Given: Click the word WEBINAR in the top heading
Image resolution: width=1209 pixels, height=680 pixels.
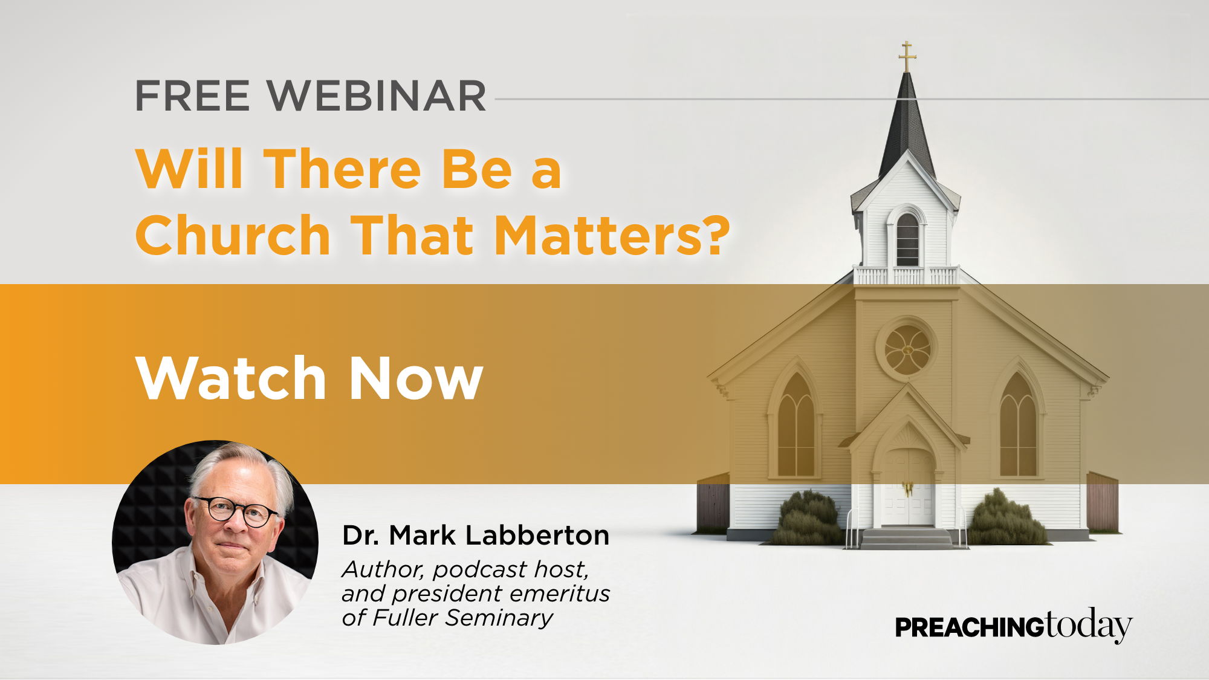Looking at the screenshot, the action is [377, 96].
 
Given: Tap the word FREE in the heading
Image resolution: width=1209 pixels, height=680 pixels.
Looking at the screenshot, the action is [193, 96].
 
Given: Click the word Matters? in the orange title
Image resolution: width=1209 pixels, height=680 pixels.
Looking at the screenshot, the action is [612, 235].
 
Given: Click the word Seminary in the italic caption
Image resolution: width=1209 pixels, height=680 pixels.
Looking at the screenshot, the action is [499, 618].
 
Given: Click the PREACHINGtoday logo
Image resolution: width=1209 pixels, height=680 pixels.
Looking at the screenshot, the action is [1014, 626].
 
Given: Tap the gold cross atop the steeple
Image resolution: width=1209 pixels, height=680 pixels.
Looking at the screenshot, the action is [907, 57].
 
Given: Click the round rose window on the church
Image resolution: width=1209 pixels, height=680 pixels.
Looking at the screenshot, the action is [907, 349].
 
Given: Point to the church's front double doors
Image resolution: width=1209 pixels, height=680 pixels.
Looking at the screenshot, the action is [907, 487].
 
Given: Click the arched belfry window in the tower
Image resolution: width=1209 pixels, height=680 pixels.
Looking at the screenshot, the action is [907, 239].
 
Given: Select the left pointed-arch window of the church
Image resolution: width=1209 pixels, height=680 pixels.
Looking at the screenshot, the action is [796, 424].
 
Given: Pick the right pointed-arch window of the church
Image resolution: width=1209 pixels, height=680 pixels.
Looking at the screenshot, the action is [1019, 424].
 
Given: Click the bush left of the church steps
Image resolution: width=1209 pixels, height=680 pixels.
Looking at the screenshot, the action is [808, 519].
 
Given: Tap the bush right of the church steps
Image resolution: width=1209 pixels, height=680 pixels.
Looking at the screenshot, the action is [1006, 517].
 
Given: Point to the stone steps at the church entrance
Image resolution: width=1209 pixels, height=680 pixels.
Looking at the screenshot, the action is [907, 538].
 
